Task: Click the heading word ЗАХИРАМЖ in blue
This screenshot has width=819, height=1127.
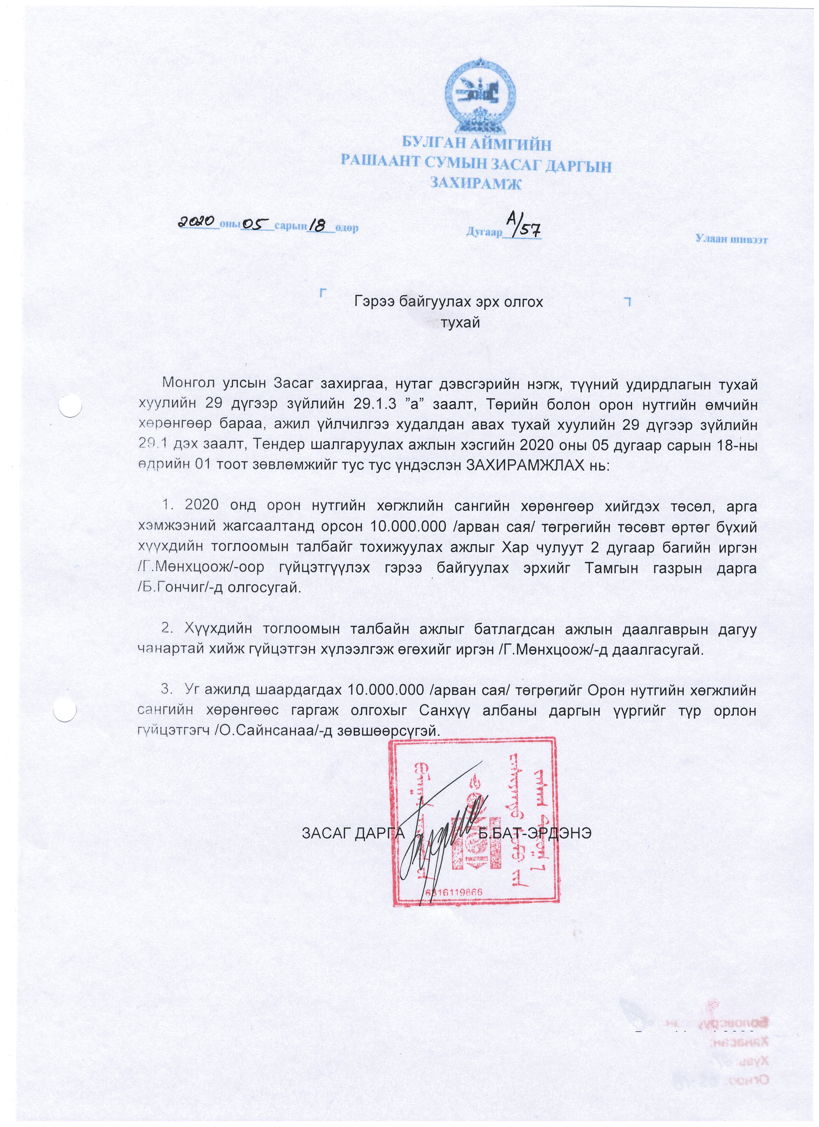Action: pos(475,184)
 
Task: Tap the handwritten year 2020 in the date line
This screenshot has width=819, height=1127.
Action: pos(197,223)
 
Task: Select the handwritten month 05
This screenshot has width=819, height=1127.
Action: pos(257,225)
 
